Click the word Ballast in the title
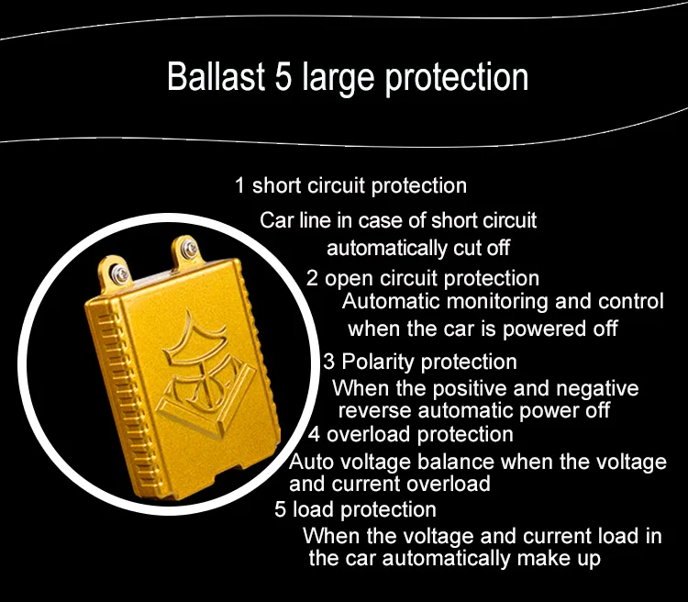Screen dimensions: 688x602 (x=216, y=77)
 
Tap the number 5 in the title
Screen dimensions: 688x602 (x=283, y=77)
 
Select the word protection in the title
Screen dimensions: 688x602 (x=457, y=79)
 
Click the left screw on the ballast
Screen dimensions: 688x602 (x=120, y=274)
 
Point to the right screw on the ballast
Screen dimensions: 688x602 (x=190, y=250)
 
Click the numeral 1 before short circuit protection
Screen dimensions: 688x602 (x=239, y=185)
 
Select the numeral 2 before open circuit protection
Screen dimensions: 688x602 (x=312, y=278)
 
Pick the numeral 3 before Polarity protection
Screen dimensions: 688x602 (x=329, y=362)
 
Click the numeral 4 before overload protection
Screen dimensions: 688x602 (x=314, y=434)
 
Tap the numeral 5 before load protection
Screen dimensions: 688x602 (x=281, y=509)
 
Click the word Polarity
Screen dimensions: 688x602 (x=378, y=362)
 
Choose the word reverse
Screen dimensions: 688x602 (x=374, y=411)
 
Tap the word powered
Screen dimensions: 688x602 (x=546, y=329)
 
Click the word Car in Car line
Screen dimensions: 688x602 (x=276, y=220)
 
